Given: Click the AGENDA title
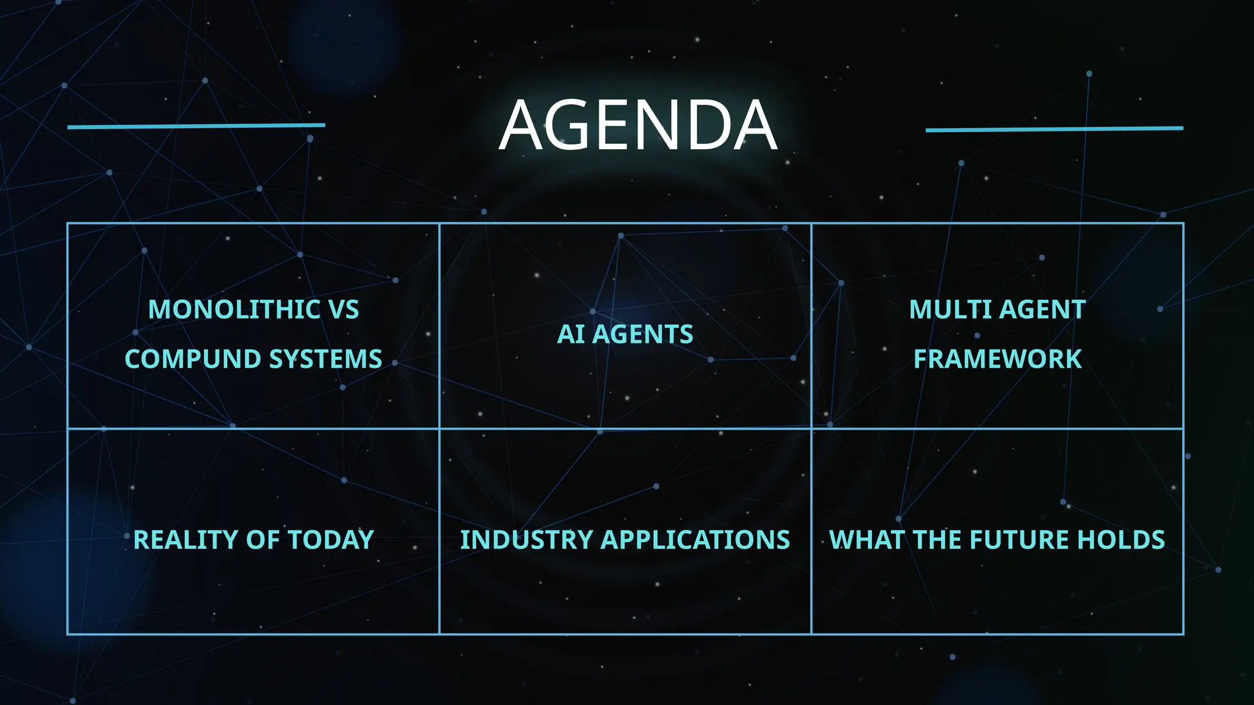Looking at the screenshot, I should (637, 125).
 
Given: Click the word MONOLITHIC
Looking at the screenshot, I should (235, 310).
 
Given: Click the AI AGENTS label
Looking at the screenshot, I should (625, 335).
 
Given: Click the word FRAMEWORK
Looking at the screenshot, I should (997, 359).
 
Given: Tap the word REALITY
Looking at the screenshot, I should (186, 540).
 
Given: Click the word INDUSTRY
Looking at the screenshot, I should (527, 540).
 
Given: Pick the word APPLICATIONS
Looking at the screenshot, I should (696, 540).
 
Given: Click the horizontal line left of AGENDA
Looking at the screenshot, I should (196, 126).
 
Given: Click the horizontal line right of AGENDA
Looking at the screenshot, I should (1054, 129).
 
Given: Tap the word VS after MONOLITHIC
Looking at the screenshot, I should (344, 310).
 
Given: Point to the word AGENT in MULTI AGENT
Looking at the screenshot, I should (1043, 310).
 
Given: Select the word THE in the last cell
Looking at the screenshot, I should (938, 540).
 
